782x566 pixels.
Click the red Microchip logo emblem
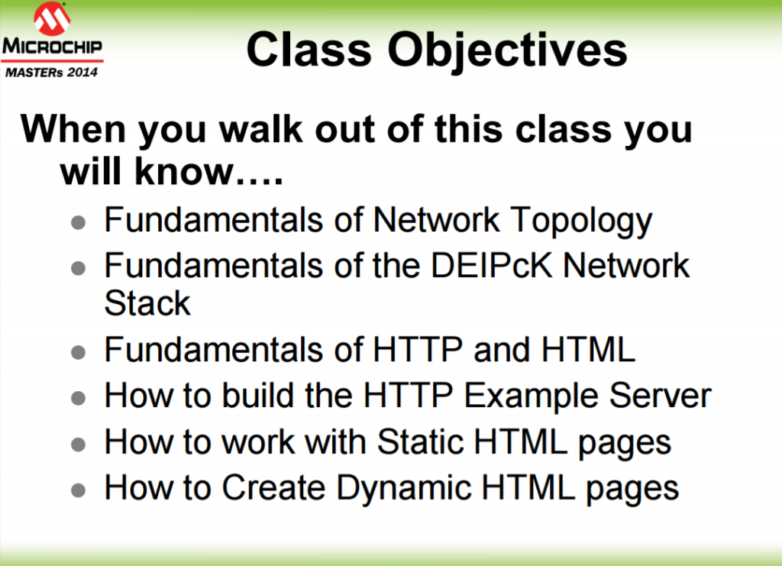click(52, 18)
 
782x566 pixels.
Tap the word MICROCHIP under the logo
click(52, 47)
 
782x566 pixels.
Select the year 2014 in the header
click(82, 73)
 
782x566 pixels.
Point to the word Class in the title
click(309, 50)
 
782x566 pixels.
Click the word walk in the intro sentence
click(261, 129)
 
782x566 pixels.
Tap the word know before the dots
click(184, 171)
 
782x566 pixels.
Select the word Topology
click(581, 222)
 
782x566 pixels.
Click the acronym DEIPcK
click(492, 265)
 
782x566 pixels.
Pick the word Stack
click(147, 302)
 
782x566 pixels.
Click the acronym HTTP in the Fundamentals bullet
click(418, 349)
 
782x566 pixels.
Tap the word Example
click(531, 397)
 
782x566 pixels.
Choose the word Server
click(661, 396)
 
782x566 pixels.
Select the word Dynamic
click(403, 489)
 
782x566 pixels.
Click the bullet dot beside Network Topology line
click(79, 222)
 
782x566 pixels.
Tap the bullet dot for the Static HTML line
click(79, 445)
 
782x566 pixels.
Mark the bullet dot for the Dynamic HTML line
click(79, 490)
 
